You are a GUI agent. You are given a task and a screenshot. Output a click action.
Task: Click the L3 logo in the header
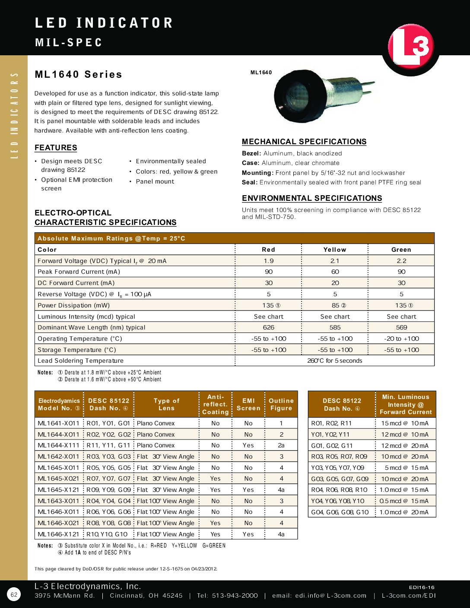(x=410, y=47)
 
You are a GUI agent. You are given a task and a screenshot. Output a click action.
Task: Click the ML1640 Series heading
(x=79, y=74)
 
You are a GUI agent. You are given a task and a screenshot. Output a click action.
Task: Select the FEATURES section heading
(x=56, y=148)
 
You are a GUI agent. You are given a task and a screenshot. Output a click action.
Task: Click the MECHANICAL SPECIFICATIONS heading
(x=304, y=142)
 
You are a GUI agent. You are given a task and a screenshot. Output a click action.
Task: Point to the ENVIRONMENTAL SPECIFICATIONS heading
(x=312, y=198)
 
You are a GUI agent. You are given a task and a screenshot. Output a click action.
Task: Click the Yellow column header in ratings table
(x=335, y=250)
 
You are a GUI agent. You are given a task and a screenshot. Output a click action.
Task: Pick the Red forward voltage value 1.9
(x=269, y=261)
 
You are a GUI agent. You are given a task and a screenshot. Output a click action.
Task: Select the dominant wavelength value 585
(x=335, y=327)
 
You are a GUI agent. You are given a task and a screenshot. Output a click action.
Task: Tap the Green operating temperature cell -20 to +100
(x=401, y=339)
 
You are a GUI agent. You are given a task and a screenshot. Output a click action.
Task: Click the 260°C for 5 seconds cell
(x=335, y=361)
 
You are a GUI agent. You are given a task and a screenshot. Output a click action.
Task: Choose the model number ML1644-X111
(x=59, y=445)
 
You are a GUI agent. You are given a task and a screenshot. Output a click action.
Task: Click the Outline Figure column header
(x=281, y=404)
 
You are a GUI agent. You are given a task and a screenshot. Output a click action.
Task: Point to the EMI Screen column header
(x=248, y=404)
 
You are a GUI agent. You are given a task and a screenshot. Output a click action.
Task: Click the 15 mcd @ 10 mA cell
(x=405, y=423)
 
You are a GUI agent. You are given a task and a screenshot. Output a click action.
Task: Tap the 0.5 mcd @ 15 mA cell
(x=405, y=501)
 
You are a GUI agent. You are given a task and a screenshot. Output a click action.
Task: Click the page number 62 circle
(x=14, y=595)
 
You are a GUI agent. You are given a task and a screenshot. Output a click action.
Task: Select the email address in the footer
(x=319, y=596)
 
